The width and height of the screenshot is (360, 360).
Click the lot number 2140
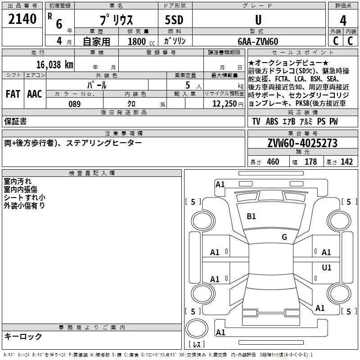(22, 19)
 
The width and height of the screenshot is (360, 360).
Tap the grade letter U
(258, 20)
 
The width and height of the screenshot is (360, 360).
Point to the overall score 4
(343, 20)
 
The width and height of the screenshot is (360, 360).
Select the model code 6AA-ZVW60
(258, 41)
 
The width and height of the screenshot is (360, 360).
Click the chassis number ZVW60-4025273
(302, 143)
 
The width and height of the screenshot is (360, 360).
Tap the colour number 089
(74, 104)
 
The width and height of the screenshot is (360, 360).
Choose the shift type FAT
(13, 94)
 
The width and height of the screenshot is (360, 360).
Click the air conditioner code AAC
(35, 94)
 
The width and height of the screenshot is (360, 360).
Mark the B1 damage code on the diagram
(251, 216)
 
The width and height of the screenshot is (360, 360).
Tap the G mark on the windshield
(284, 237)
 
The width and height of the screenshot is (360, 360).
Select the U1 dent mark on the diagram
(326, 268)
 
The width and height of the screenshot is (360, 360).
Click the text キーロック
(23, 336)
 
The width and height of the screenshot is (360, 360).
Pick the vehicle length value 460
(273, 162)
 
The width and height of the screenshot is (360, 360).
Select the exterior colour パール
(97, 85)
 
